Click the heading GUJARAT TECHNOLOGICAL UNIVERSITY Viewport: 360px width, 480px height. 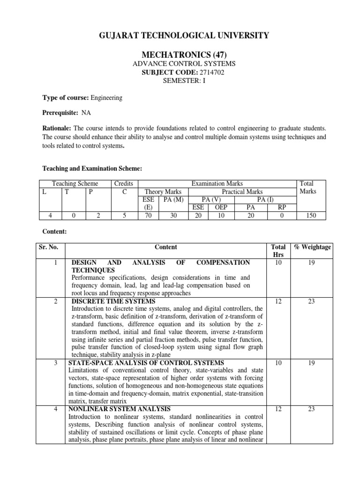coord(180,35)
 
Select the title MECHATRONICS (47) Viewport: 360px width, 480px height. coord(180,55)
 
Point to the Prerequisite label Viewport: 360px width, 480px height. coord(60,113)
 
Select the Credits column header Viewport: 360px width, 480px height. coord(124,184)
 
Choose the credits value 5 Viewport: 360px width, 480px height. coord(124,216)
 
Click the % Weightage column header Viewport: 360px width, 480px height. coord(312,247)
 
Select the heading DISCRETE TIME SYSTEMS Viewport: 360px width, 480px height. coord(113,301)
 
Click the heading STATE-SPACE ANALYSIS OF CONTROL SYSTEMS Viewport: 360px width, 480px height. coord(146,363)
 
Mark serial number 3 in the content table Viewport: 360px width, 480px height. coord(55,363)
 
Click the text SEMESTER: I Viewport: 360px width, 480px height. coord(180,80)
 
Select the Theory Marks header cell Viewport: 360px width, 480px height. coord(163,192)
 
